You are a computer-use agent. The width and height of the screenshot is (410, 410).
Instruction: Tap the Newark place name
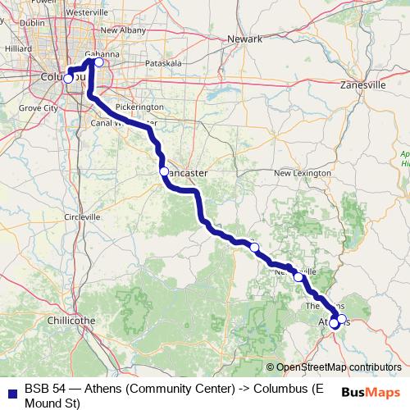[x=244, y=39]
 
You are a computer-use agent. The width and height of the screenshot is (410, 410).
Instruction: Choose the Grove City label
[x=39, y=107]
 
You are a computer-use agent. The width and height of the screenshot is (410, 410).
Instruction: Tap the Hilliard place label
[x=17, y=48]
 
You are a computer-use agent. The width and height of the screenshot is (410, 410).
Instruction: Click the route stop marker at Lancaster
[x=164, y=171]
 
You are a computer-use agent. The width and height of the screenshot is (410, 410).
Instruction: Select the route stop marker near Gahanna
[x=99, y=61]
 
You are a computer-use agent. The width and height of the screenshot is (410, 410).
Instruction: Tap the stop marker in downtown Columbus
[x=68, y=79]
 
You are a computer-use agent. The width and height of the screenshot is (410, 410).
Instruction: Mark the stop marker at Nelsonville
[x=298, y=277]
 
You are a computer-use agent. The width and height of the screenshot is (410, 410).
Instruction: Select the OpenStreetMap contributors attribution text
[x=338, y=367]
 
